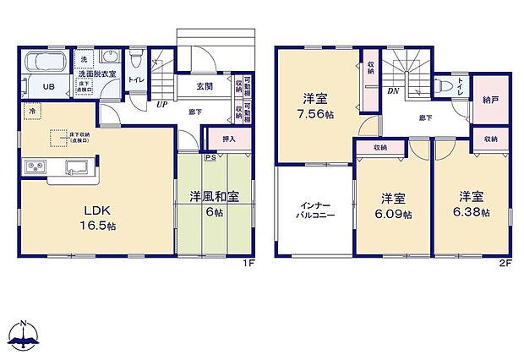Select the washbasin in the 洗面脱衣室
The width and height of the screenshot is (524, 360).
pyautogui.click(x=110, y=58)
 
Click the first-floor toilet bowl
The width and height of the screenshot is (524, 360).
pyautogui.click(x=135, y=59)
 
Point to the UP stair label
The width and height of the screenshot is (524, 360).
pyautogui.click(x=161, y=106)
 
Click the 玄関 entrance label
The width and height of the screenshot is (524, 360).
pyautogui.click(x=205, y=86)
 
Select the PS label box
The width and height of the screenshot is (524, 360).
pyautogui.click(x=210, y=156)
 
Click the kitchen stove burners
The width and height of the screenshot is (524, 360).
pyautogui.click(x=37, y=166)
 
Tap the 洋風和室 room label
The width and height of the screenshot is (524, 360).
pyautogui.click(x=215, y=197)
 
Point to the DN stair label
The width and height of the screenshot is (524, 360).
pyautogui.click(x=392, y=91)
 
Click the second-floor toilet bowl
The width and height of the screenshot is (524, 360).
pyautogui.click(x=443, y=85)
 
